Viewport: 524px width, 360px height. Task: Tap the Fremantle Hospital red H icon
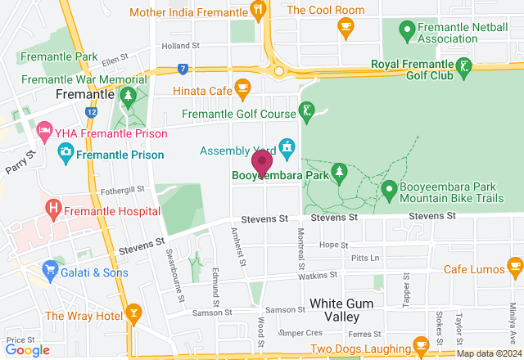click(x=54, y=210)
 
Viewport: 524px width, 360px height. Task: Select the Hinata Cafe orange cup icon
click(x=242, y=87)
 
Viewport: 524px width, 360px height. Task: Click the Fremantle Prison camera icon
click(x=66, y=152)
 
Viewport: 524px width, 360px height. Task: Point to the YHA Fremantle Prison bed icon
click(x=43, y=133)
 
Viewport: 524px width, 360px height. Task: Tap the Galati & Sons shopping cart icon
click(x=51, y=268)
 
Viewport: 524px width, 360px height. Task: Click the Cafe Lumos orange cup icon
click(x=514, y=268)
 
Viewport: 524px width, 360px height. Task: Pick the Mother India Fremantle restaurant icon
click(x=259, y=11)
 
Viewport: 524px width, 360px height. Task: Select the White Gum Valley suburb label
click(x=342, y=310)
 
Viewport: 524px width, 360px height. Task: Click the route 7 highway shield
click(x=183, y=70)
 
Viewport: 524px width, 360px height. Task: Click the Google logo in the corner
click(x=27, y=350)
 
